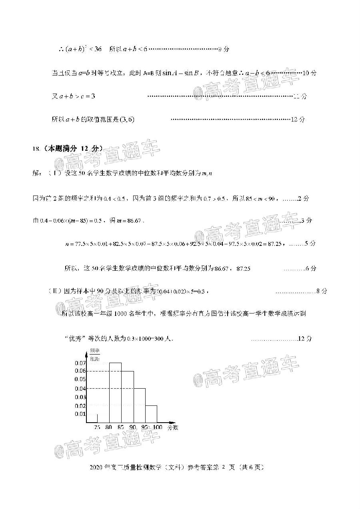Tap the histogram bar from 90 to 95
[140, 405]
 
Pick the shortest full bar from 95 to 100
[151, 414]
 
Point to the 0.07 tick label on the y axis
[80, 363]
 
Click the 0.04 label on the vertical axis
[80, 389]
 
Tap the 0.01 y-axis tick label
[80, 414]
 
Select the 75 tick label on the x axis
[97, 427]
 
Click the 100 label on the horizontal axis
[158, 427]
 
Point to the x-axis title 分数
[173, 427]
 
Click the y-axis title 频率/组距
[94, 354]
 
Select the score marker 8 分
[321, 291]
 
